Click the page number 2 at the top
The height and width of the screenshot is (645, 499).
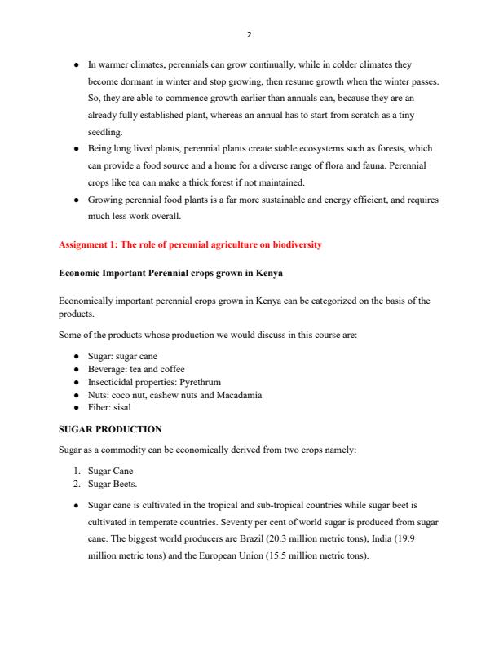click(249, 35)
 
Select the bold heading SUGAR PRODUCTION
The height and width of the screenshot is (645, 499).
click(110, 428)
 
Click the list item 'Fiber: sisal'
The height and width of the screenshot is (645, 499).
click(109, 407)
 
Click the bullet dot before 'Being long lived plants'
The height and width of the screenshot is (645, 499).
click(76, 149)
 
